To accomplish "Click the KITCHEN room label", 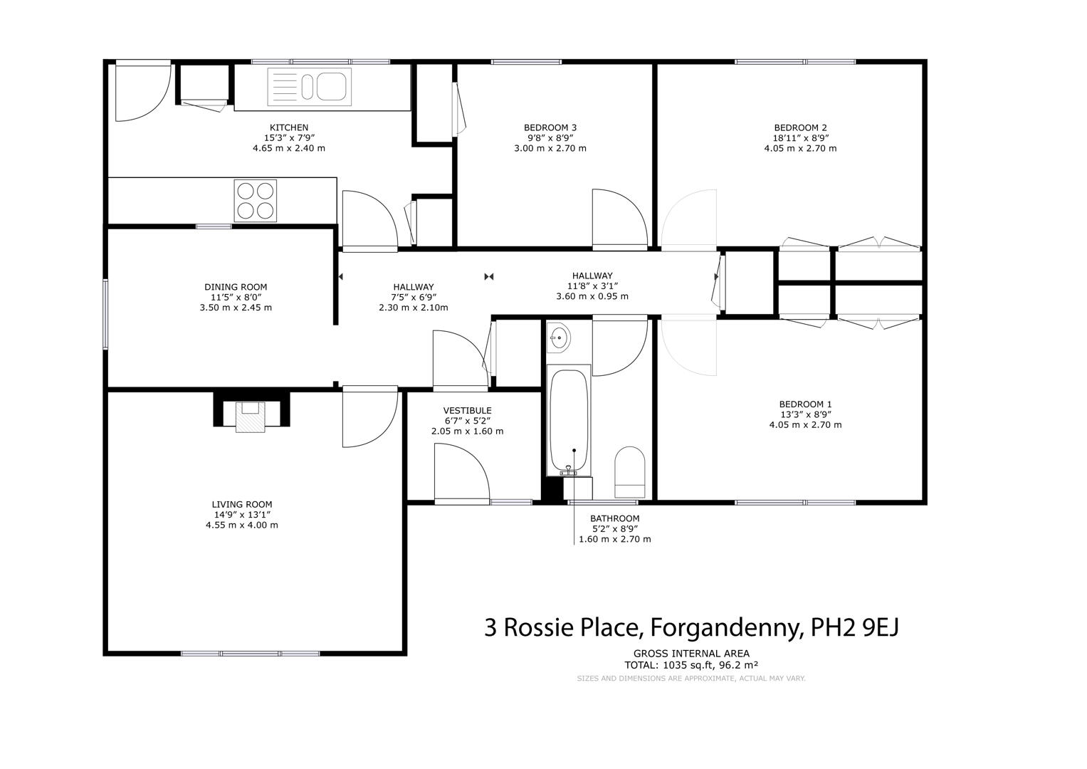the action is click(x=289, y=127).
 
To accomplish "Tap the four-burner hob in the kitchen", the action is click(x=256, y=201).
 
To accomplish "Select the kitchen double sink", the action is click(x=309, y=87).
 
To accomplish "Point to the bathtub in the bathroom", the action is click(x=569, y=420).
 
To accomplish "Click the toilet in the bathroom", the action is click(x=630, y=472).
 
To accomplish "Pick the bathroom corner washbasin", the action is click(x=559, y=336).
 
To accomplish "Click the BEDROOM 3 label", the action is click(x=550, y=127).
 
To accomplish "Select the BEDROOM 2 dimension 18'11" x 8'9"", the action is click(x=801, y=138).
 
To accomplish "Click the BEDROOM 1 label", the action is click(x=806, y=404).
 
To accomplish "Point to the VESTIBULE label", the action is click(x=467, y=410).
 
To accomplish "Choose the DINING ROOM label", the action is click(x=236, y=287).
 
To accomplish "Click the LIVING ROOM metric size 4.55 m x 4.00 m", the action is click(x=241, y=525).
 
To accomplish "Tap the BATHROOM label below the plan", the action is click(x=615, y=518).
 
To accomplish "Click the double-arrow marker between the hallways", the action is click(x=488, y=277).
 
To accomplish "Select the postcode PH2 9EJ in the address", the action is click(x=855, y=627).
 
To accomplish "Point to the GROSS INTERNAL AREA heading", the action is click(x=691, y=654).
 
